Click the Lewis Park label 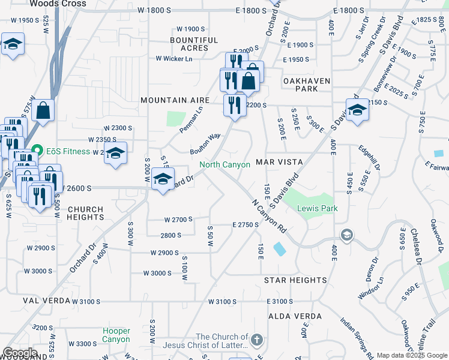coord(317,209)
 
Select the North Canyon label coord(224,164)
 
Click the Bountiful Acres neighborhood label coord(194,44)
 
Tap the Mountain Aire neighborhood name coord(175,100)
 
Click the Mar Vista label coord(277,163)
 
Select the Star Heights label coord(295,280)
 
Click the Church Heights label coord(85,214)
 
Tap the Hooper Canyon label coord(116,335)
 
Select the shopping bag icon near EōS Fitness coord(44,110)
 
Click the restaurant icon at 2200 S coord(234,104)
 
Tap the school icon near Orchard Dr coord(163,178)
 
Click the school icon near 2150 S coord(357,109)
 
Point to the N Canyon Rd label coord(268,216)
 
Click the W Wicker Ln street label coord(174,59)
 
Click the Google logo coord(20,353)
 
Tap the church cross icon coord(257,340)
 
